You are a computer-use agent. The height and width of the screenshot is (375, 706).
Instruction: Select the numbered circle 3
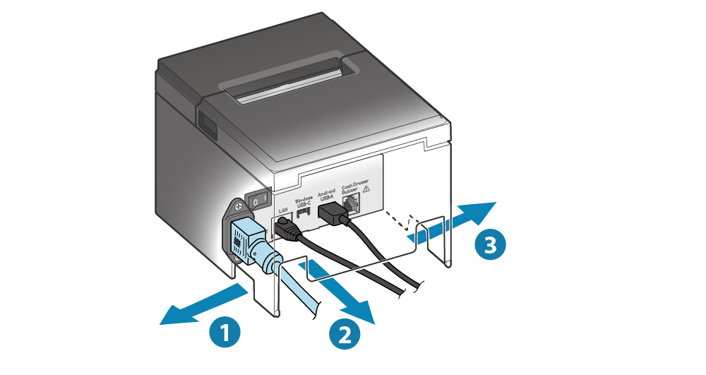[489, 244]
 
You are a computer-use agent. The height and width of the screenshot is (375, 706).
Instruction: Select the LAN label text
[285, 210]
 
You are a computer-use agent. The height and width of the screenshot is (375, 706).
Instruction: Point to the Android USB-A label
[326, 194]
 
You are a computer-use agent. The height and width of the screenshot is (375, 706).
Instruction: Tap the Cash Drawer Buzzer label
[355, 186]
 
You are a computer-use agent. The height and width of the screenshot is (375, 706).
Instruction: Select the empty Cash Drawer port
[352, 206]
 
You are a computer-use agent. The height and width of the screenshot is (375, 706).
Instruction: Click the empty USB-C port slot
[304, 212]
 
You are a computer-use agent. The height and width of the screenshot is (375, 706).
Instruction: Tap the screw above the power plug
[238, 206]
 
